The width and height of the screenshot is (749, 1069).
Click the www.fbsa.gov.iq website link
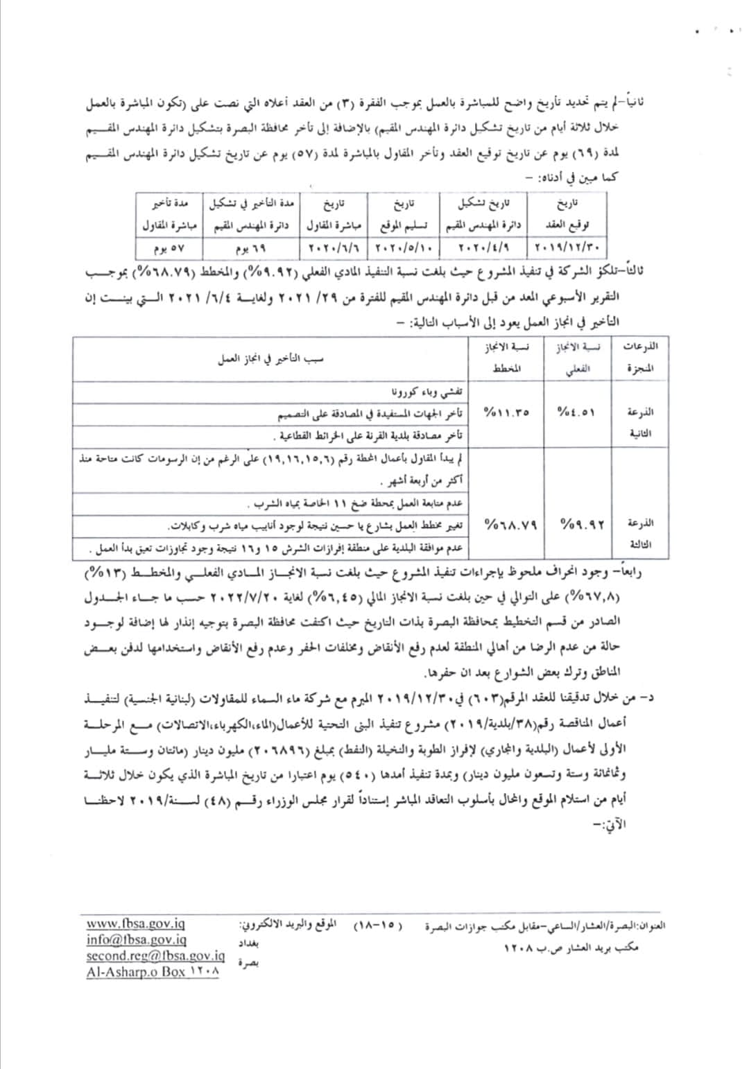(136, 924)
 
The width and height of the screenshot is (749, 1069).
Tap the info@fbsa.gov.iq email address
(137, 940)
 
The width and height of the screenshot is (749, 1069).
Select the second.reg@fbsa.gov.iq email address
(150, 956)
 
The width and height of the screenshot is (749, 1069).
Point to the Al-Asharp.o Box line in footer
(153, 972)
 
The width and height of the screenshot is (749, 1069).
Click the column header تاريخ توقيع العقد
(567, 215)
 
